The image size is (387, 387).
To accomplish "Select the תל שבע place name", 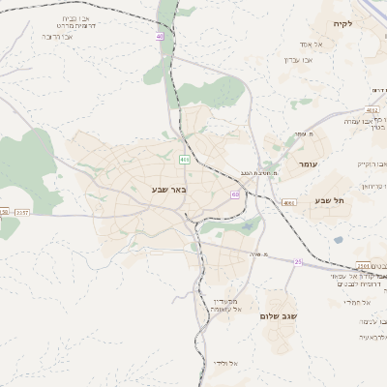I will click(x=329, y=201).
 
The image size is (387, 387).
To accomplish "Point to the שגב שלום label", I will click(x=278, y=316).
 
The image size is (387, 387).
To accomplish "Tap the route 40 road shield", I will click(x=159, y=37).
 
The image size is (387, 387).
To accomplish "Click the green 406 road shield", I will click(x=185, y=159).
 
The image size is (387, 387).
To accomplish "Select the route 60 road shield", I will click(x=235, y=194).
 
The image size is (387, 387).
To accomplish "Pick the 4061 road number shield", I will click(x=289, y=203).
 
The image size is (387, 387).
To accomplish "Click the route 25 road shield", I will click(x=298, y=262).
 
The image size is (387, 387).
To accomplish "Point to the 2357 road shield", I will click(x=22, y=211).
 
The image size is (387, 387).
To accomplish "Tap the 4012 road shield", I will click(x=374, y=91).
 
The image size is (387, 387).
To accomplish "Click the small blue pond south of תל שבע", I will click(x=249, y=227).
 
